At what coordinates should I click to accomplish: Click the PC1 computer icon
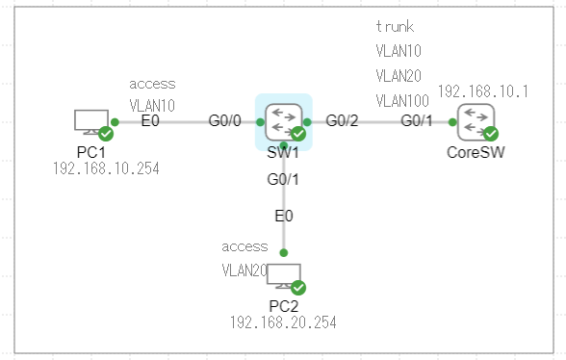(92, 121)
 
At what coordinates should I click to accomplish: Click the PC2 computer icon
(285, 276)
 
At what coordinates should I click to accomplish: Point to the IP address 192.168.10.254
(106, 168)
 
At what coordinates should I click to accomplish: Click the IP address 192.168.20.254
(283, 322)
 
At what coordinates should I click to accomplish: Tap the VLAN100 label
(402, 99)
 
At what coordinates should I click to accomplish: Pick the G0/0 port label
(225, 121)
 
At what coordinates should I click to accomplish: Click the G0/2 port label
(342, 121)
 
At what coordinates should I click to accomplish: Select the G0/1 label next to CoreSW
(417, 121)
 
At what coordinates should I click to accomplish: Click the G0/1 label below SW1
(283, 179)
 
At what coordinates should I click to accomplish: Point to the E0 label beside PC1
(149, 121)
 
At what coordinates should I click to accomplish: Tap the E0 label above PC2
(283, 217)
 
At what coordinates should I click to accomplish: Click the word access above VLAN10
(152, 84)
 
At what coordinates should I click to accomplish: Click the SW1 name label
(283, 153)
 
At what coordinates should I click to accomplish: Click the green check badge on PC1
(106, 134)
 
